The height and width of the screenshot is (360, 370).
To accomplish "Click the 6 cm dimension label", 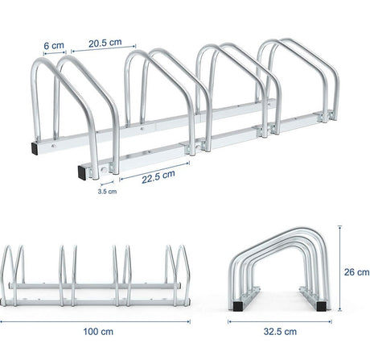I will point(54,45).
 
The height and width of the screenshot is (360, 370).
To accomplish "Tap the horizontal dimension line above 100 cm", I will point(96,318).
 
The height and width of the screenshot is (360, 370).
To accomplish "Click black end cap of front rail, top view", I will point(84,170).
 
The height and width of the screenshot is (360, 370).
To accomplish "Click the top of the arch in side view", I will point(282,233).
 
